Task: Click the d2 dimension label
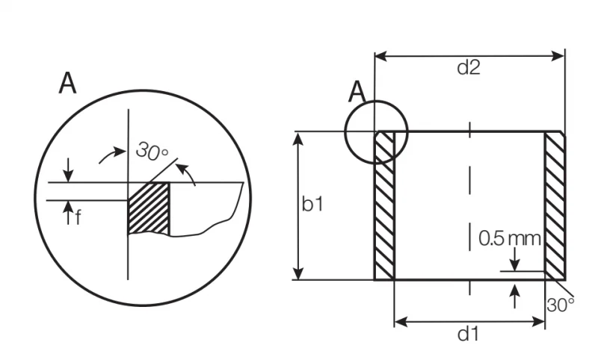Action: [x=469, y=67]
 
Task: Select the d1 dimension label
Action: [x=468, y=334]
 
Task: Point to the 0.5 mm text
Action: [x=510, y=238]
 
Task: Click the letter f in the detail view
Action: [x=78, y=217]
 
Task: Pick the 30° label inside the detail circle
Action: [x=152, y=151]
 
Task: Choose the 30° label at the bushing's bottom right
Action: [x=560, y=305]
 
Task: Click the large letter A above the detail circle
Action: [x=67, y=83]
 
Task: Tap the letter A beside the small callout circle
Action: [x=357, y=92]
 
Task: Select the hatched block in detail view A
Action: [x=148, y=208]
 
